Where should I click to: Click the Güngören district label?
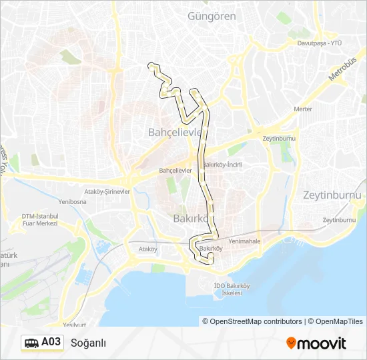212,16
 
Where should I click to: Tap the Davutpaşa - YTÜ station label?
319,43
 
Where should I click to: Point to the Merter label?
303,109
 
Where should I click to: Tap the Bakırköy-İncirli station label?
222,165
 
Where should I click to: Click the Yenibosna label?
73,201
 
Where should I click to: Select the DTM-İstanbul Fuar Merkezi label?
40,219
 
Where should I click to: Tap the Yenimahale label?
244,241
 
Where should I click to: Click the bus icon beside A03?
31,343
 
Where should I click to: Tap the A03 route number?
51,343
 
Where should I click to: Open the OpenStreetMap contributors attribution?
252,321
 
